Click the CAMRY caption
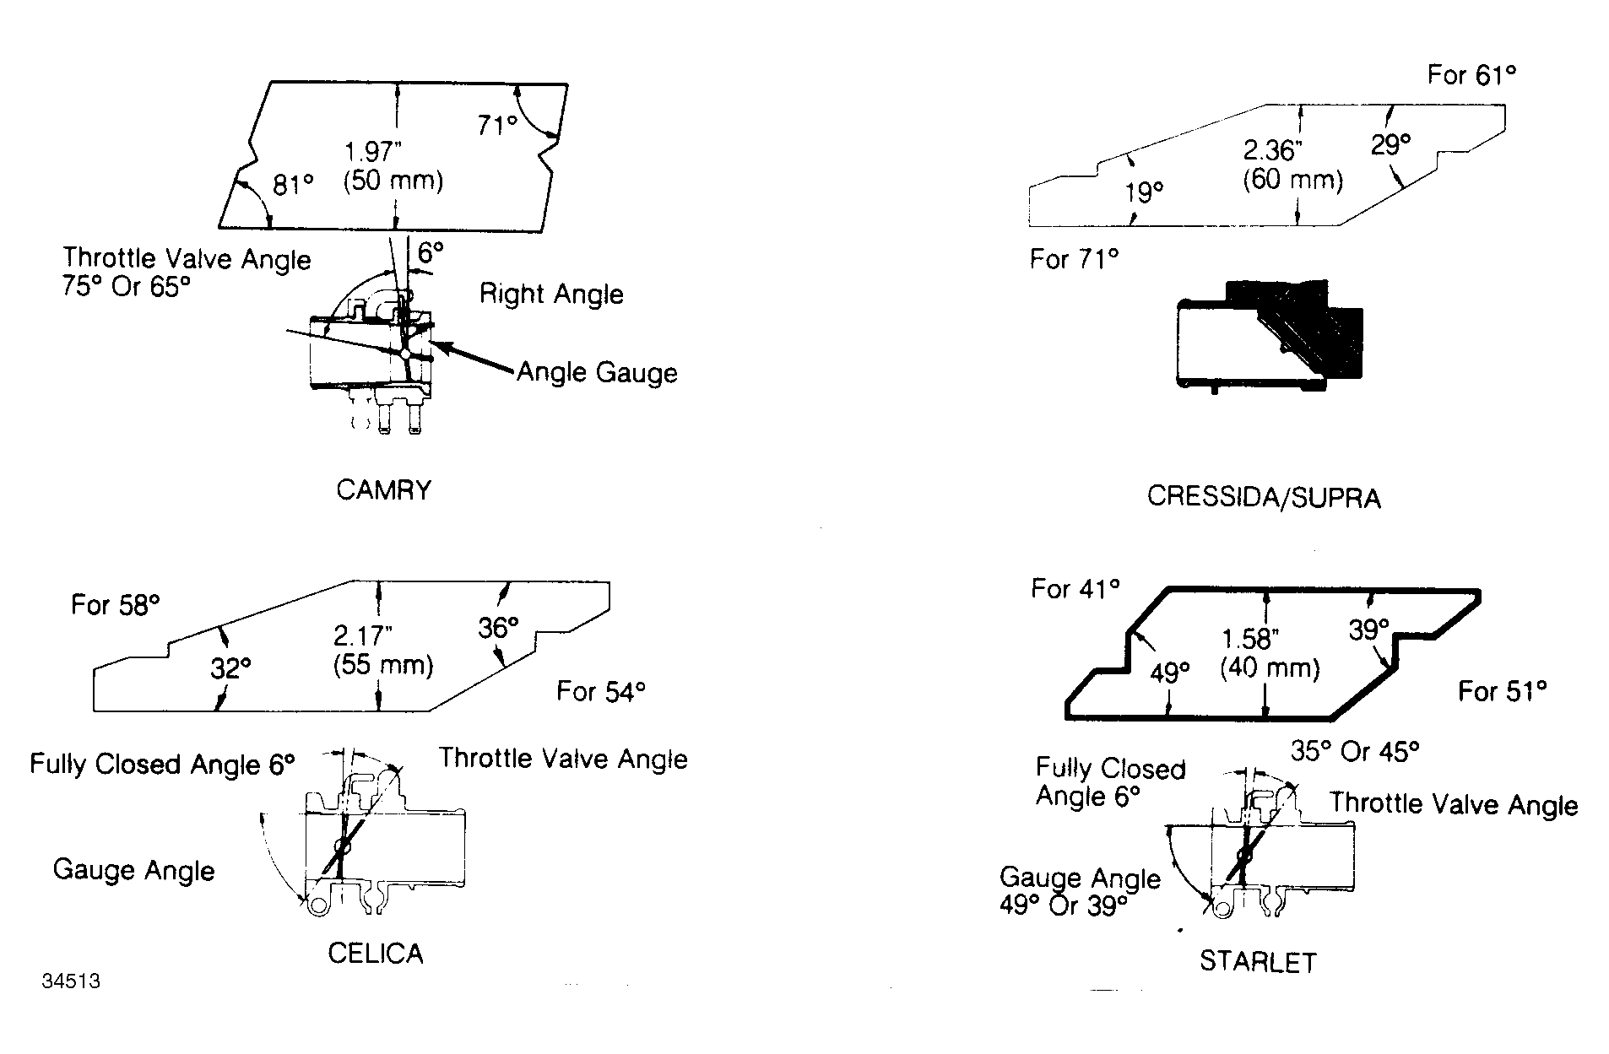point(383,490)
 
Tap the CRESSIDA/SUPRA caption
point(1264,497)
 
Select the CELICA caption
point(375,954)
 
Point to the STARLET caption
point(1258,962)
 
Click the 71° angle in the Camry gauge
point(497,125)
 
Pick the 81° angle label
point(293,184)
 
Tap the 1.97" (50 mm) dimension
point(393,166)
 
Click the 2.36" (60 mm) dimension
point(1292,165)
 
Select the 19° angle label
point(1144,193)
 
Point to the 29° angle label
point(1390,144)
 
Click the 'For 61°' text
point(1471,75)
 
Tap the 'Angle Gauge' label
point(597,372)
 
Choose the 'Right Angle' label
point(551,294)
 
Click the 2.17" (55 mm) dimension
point(383,650)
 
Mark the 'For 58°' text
point(115,604)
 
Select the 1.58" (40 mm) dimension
point(1270,653)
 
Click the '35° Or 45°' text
point(1355,750)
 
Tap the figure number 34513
point(71,981)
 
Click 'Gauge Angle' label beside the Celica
point(133,870)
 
